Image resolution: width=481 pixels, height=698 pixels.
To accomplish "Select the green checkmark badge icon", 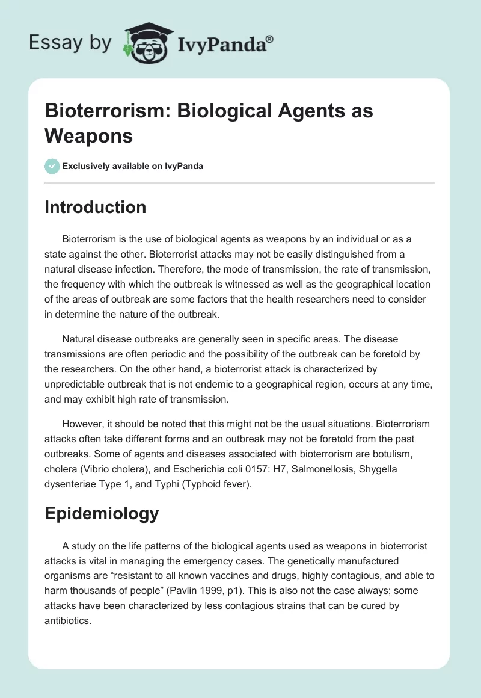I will [52, 166].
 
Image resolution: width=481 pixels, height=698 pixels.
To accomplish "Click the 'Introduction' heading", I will [96, 207].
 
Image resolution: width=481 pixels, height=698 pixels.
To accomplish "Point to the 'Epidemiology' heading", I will [102, 513].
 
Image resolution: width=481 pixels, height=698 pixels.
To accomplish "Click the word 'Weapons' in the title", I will [88, 135].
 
